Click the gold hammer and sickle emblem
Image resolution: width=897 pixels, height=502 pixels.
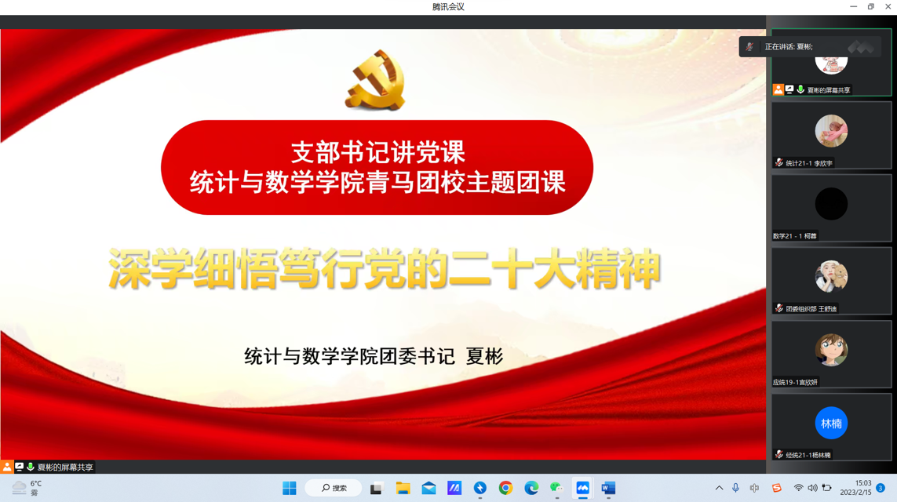point(375,80)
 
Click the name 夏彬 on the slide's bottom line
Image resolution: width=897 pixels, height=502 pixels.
point(484,356)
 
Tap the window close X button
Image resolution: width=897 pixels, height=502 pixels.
point(888,6)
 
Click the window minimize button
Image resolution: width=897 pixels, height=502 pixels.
point(854,6)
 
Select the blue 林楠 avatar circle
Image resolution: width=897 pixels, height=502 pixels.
point(831,423)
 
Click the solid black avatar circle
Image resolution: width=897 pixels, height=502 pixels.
point(831,203)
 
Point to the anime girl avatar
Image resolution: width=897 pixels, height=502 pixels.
point(831,349)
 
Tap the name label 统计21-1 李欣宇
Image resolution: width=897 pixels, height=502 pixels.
point(809,163)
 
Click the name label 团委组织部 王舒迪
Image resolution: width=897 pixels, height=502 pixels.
point(811,309)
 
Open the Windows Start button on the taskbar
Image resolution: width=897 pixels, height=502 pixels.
point(290,488)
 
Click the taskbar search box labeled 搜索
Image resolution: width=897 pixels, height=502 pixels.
point(334,488)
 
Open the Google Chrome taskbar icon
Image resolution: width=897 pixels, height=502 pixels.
point(505,488)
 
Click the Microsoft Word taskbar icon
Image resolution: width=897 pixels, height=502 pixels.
point(608,488)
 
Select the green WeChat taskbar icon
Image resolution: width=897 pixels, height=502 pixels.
point(556,488)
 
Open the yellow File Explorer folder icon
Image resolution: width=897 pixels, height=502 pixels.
point(403,488)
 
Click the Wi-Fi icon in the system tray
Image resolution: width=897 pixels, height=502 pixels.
point(798,488)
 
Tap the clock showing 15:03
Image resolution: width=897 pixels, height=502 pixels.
point(863,483)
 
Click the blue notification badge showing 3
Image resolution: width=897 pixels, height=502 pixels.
point(881,488)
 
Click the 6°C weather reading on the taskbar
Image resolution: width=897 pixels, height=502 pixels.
point(36,484)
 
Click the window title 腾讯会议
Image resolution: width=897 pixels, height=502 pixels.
point(448,7)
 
